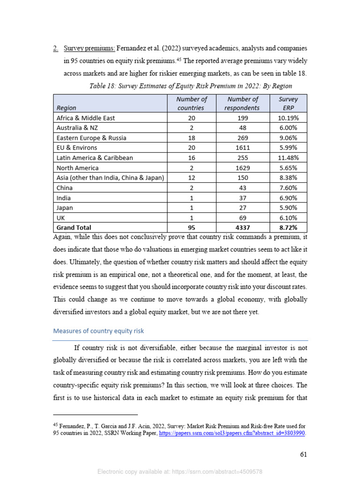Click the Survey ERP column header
pyautogui.click(x=288, y=103)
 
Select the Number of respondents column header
pyautogui.click(x=243, y=103)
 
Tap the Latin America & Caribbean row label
pyautogui.click(x=94, y=157)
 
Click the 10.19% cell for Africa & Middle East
pyautogui.click(x=288, y=118)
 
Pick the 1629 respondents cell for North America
pyautogui.click(x=243, y=168)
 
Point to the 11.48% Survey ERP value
pyautogui.click(x=288, y=157)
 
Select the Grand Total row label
pyautogui.click(x=74, y=227)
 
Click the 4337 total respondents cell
pyautogui.click(x=243, y=227)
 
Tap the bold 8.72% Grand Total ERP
pyautogui.click(x=288, y=227)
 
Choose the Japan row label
pyautogui.click(x=65, y=208)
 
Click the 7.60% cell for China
pyautogui.click(x=288, y=187)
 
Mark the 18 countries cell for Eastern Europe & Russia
pyautogui.click(x=191, y=138)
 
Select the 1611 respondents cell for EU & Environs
pyautogui.click(x=243, y=148)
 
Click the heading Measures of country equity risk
pyautogui.click(x=98, y=330)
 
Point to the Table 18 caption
pyautogui.click(x=190, y=86)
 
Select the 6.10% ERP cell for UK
pyautogui.click(x=288, y=217)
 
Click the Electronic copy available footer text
pyautogui.click(x=180, y=472)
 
